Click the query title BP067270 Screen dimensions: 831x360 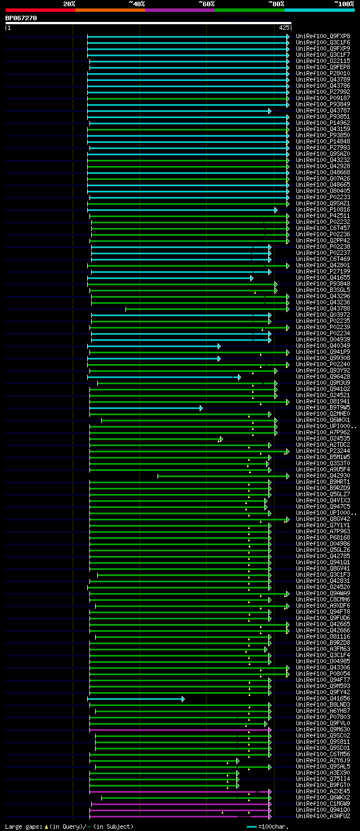tap(21, 18)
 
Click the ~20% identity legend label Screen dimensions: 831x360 tap(69, 3)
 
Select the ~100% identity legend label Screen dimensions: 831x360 tap(344, 3)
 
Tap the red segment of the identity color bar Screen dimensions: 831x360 tap(40, 10)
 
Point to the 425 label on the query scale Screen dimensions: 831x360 tap(283, 27)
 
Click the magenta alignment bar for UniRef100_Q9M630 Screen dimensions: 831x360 tap(180, 730)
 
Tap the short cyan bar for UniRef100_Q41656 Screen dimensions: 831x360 tap(135, 699)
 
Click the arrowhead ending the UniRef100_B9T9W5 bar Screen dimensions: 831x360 tap(201, 408)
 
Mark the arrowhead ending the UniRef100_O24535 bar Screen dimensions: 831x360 tap(221, 439)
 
